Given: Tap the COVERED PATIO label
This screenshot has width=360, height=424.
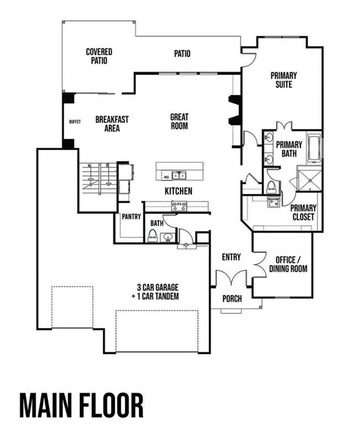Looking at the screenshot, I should point(99,56).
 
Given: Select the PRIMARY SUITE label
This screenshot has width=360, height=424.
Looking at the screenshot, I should point(283,80).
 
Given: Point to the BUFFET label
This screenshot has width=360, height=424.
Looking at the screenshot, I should point(75,121).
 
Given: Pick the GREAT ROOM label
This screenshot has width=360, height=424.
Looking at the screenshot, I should point(179,121).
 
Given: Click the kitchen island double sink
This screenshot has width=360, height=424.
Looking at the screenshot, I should point(179,176).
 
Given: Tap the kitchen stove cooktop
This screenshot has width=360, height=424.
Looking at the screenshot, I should point(179,206).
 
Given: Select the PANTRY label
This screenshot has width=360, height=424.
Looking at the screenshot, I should point(131,217).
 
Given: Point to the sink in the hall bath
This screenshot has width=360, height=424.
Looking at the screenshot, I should point(167,237).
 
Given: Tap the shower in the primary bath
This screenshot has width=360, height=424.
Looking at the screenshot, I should point(309,178).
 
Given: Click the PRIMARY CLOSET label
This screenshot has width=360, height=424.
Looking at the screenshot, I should point(303,212).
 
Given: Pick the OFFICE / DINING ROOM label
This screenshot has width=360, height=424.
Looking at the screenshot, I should point(288,264).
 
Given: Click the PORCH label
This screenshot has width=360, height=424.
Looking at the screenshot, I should point(232,299).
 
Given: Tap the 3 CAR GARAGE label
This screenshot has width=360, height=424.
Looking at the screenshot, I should point(158,291).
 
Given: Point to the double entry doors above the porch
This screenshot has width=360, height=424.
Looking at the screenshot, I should point(230,278).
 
